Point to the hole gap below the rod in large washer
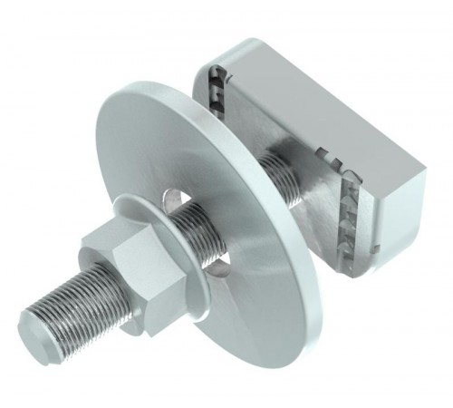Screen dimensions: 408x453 (216, 263)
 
